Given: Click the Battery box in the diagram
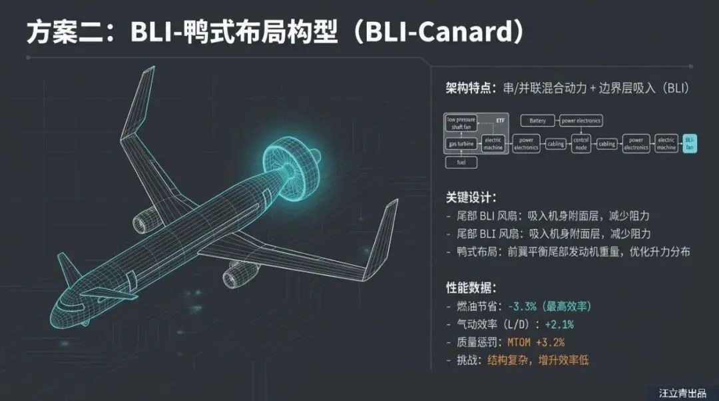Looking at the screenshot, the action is point(537,121).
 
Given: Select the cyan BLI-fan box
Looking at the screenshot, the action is point(689,143).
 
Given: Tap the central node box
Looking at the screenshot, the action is point(581,143).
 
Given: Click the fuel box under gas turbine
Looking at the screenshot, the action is point(461,162).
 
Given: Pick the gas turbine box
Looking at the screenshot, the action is point(461,144).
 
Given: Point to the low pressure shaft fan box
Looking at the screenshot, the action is point(461,123).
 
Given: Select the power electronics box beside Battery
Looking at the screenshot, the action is point(581,121).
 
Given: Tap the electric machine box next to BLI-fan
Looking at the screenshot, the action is point(666,143).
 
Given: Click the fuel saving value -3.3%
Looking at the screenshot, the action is point(523,306).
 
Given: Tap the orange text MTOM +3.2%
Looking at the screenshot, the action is point(536,342).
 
